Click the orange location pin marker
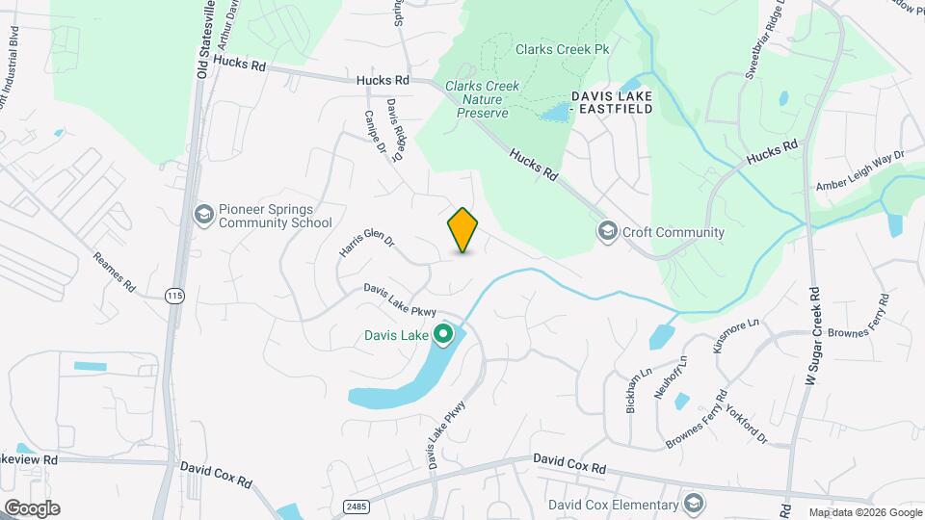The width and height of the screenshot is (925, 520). (463, 229)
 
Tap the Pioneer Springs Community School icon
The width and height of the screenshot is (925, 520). (203, 213)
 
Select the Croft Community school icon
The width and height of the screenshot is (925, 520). (607, 231)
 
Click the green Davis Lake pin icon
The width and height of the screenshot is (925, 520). (443, 335)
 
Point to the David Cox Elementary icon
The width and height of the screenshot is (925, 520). (693, 504)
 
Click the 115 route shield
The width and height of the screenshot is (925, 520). (173, 295)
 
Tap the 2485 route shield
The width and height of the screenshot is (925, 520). (356, 504)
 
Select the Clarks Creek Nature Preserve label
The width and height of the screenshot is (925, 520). (482, 99)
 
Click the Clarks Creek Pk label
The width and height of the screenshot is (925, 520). (563, 48)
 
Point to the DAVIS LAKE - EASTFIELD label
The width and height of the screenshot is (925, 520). (612, 102)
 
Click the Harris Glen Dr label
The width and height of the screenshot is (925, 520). (367, 242)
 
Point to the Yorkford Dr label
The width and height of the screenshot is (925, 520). (747, 424)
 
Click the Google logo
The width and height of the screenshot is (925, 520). (32, 508)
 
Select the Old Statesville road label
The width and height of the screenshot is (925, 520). (203, 39)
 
